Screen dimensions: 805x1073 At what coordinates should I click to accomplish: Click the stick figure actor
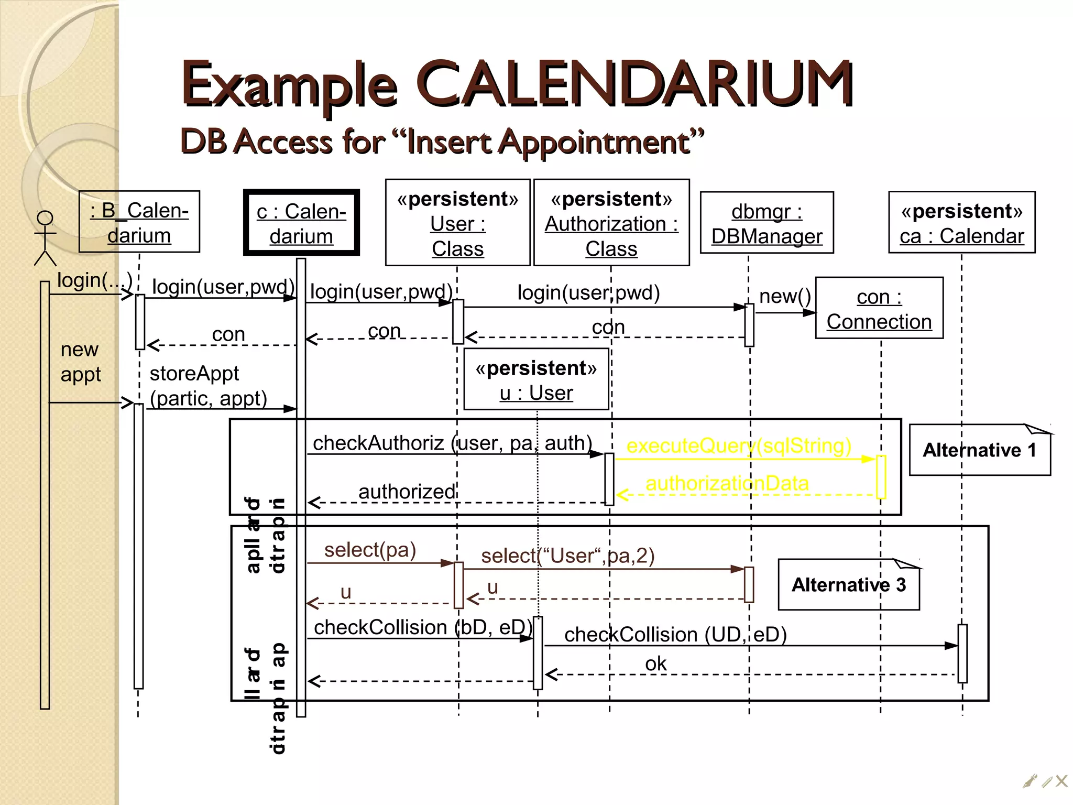click(x=45, y=238)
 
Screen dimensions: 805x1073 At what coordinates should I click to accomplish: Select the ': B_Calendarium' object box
click(x=139, y=222)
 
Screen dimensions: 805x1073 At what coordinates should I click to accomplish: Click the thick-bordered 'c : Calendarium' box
click(x=301, y=223)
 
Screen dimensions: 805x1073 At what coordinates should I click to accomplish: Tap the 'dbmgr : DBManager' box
click(x=767, y=223)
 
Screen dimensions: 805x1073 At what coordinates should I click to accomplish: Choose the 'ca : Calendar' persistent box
click(x=961, y=223)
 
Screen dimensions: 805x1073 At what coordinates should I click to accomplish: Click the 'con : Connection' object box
click(x=879, y=309)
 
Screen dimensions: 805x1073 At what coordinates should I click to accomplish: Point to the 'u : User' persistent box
click(x=536, y=379)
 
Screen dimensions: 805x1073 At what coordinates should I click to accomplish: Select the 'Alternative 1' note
click(x=979, y=450)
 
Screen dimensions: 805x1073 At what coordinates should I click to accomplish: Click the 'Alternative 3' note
click(x=848, y=584)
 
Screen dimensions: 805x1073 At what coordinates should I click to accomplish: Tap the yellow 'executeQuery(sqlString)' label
click(x=739, y=445)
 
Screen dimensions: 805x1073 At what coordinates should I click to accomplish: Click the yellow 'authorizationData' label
click(x=727, y=483)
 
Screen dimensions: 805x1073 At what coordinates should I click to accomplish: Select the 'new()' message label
click(x=784, y=297)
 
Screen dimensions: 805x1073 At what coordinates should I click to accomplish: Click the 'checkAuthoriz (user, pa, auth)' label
click(x=452, y=443)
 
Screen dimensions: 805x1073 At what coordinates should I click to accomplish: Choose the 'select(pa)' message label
click(x=370, y=550)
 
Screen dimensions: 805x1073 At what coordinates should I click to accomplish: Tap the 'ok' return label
click(x=655, y=664)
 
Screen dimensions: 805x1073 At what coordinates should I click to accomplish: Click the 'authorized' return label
click(x=407, y=492)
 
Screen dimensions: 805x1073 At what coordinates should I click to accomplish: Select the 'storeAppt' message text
click(x=194, y=374)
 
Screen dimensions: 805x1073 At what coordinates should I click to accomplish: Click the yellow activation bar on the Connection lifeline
click(x=881, y=476)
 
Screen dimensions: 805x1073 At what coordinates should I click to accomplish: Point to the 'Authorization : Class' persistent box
click(x=611, y=223)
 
